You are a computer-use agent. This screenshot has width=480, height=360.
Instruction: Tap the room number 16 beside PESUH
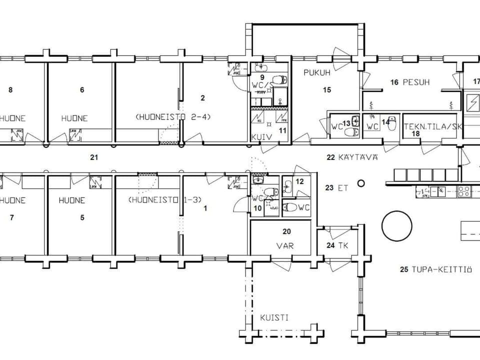[394, 82]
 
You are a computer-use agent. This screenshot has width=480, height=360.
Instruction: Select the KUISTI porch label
[273, 317]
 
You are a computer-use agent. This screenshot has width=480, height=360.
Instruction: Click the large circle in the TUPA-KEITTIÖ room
[396, 226]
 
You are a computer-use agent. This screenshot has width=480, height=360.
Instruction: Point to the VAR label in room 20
[287, 246]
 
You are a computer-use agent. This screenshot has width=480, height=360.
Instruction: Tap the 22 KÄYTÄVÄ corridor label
[352, 157]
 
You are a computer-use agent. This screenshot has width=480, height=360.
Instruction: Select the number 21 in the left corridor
[93, 157]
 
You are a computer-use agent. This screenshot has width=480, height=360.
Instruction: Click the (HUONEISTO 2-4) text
[173, 117]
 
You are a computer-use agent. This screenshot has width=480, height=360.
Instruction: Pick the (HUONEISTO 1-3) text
[164, 199]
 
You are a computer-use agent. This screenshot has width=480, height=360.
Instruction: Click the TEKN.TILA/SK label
[433, 126]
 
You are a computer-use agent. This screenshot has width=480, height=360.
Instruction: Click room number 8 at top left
[10, 90]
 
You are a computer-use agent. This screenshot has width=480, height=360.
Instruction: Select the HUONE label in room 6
[74, 118]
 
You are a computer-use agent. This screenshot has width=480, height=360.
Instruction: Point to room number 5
[82, 217]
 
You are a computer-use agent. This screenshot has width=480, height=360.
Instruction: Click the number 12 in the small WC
[299, 181]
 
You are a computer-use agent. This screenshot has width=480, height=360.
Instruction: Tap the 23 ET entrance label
[336, 188]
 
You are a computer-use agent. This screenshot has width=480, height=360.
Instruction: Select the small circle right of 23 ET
[361, 183]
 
